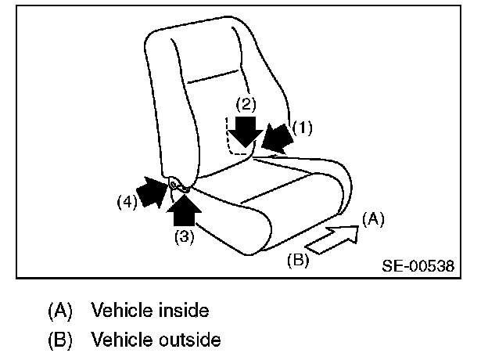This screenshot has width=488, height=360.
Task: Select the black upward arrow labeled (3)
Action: (185, 207)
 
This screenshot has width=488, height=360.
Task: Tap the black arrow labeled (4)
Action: (152, 191)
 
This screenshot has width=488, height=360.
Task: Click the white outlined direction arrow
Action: (332, 237)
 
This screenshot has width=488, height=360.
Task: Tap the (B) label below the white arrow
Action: (297, 261)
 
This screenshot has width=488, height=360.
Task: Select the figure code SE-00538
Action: (418, 265)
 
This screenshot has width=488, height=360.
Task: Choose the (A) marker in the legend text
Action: (59, 311)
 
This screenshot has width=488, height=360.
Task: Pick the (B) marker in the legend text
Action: (59, 340)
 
